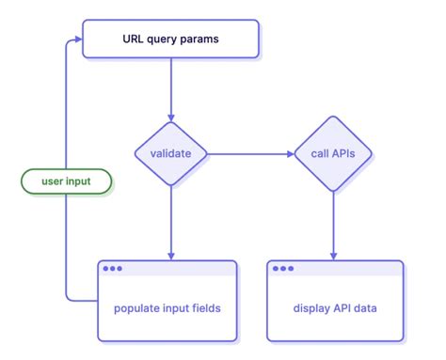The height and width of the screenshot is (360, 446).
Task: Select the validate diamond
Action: coord(170,152)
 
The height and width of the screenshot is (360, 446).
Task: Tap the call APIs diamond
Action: coord(332,152)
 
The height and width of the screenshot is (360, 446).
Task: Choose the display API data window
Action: coord(335,301)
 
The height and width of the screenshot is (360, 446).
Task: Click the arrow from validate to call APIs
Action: coord(249,152)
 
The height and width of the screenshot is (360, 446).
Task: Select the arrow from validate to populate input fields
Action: coord(170,221)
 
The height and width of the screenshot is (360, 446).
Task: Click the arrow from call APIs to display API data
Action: coord(332,221)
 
